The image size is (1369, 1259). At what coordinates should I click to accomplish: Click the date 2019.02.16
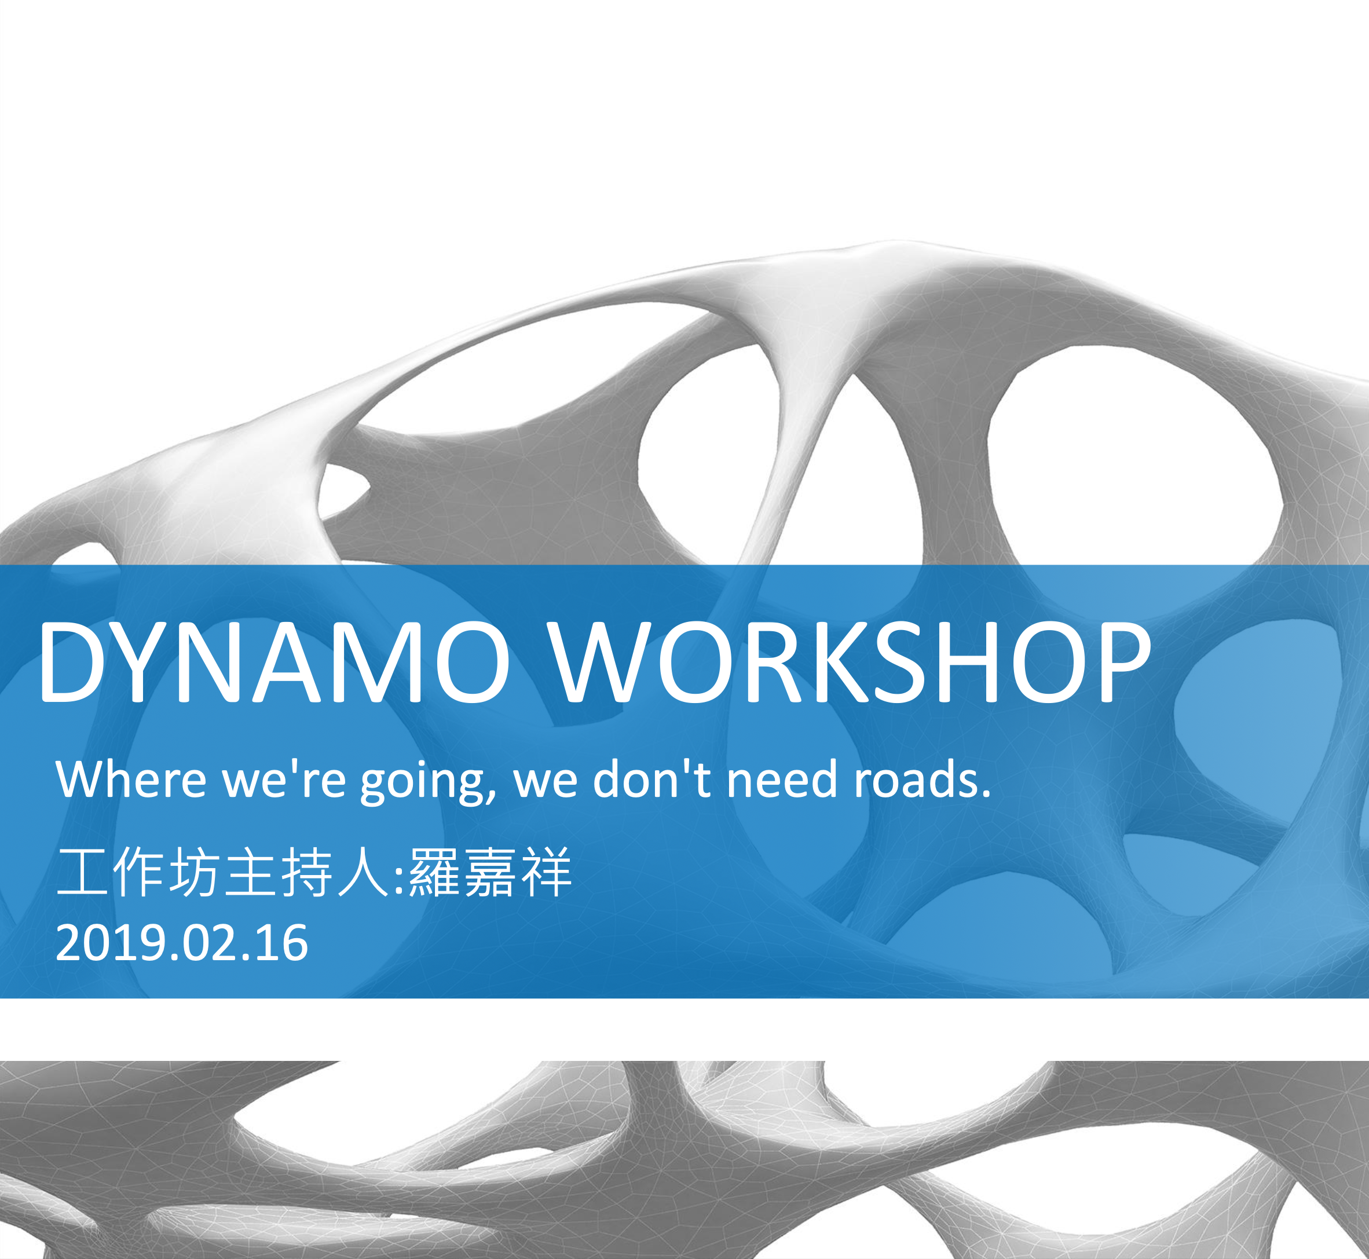pyautogui.click(x=182, y=943)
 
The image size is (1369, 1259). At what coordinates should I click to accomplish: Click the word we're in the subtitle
pyautogui.click(x=283, y=779)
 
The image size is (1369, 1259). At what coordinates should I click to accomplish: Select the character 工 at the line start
pyautogui.click(x=81, y=872)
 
